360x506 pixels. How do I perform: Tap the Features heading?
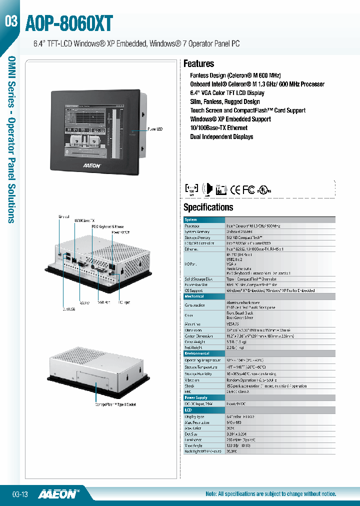coord(198,63)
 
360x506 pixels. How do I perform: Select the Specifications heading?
coord(208,207)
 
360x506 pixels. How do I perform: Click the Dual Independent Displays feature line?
coord(221,136)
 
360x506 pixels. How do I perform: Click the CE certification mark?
coord(235,189)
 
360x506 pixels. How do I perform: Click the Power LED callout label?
coord(155,129)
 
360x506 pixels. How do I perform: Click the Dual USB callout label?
coord(68,309)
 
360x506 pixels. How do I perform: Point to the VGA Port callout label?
coord(104,302)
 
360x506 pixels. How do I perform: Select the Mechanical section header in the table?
coord(194,296)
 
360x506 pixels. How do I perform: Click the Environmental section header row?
coord(196,353)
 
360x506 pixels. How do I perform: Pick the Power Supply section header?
coord(195,398)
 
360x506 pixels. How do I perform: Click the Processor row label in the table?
coord(192,226)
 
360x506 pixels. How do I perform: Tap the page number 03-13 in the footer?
coord(20,494)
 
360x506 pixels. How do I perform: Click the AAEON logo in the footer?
coord(59,493)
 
